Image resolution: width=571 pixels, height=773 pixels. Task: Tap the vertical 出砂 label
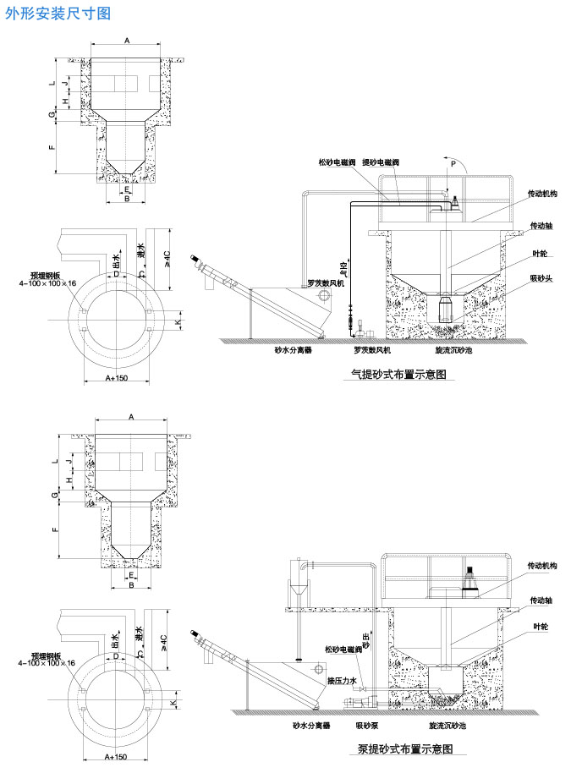365,640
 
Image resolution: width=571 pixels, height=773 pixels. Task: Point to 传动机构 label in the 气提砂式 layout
541,194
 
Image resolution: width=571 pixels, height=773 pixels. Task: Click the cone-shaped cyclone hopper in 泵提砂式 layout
297,590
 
